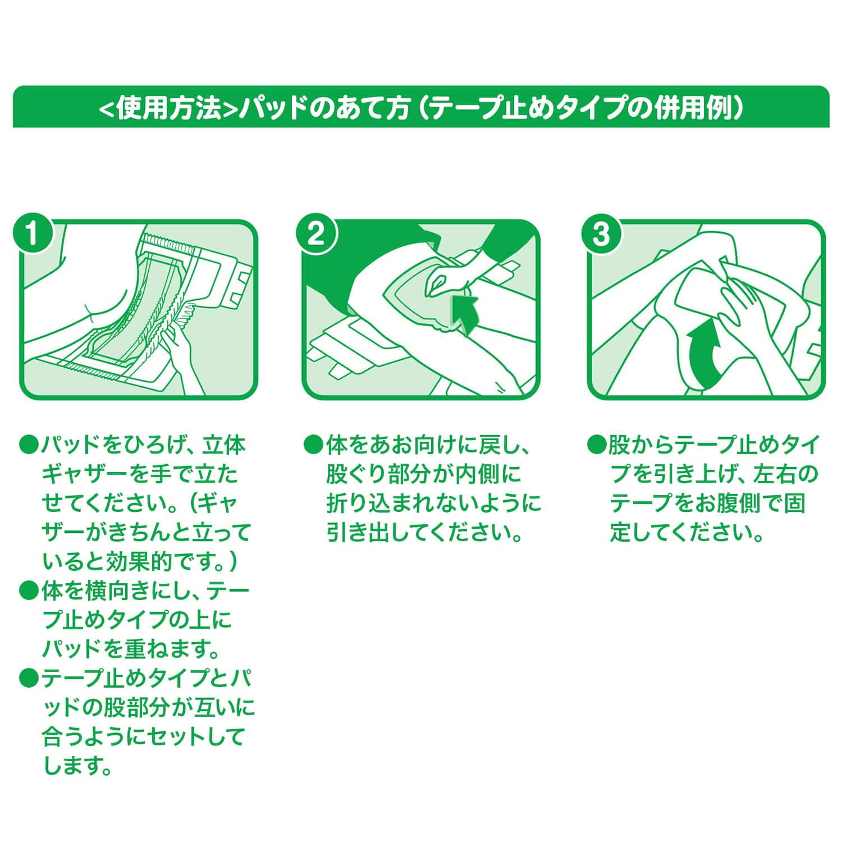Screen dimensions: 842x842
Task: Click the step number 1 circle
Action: tap(33, 234)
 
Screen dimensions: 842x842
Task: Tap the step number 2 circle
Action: tap(317, 234)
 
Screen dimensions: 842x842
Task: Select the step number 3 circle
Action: tap(601, 234)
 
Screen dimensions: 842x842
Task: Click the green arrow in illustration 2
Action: tap(466, 312)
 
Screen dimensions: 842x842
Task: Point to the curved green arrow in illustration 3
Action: tap(709, 354)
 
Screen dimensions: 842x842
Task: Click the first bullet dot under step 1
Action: tap(28, 446)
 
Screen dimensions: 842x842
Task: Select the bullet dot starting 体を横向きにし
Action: tap(28, 591)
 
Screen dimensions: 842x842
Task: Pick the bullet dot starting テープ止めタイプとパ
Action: tap(28, 679)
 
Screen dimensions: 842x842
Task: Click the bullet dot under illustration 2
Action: tap(312, 446)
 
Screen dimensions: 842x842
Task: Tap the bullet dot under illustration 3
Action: tap(595, 446)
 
